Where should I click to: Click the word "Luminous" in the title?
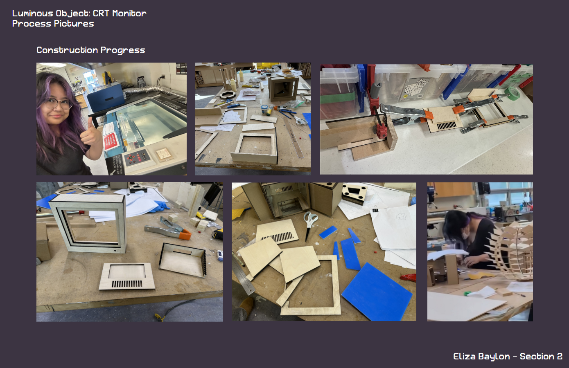point(32,13)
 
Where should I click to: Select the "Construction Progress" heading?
point(91,50)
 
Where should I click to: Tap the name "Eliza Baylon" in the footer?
point(482,357)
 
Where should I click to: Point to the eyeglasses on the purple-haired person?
point(58,103)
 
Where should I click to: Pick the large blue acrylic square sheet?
point(377,292)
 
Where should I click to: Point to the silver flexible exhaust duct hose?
point(145,90)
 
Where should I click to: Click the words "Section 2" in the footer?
point(541,357)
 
